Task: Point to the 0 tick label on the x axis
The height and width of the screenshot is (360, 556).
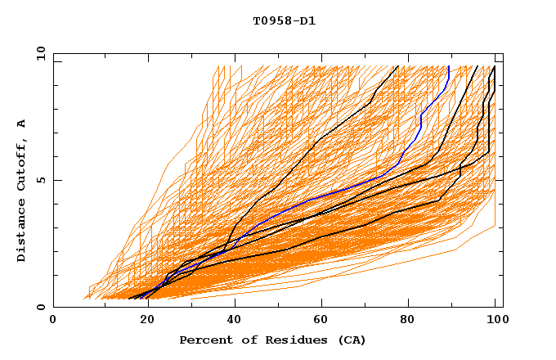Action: pyautogui.click(x=53, y=320)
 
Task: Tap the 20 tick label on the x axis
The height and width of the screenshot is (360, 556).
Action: pyautogui.click(x=143, y=320)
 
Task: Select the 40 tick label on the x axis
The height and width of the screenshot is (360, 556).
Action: pyautogui.click(x=233, y=320)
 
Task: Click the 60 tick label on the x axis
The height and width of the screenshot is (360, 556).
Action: pyautogui.click(x=323, y=320)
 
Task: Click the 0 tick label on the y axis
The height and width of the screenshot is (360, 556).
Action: pyautogui.click(x=40, y=308)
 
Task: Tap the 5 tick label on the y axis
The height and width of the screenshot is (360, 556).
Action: pyautogui.click(x=40, y=180)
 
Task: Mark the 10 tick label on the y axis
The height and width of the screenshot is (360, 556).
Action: pyautogui.click(x=37, y=52)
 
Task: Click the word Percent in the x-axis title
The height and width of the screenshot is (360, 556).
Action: pyautogui.click(x=204, y=340)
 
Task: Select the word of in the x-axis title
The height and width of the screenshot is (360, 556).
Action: pyautogui.click(x=244, y=340)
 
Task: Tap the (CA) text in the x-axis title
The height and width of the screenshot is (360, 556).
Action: pyautogui.click(x=350, y=340)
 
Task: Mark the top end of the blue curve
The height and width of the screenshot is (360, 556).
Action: pyautogui.click(x=449, y=66)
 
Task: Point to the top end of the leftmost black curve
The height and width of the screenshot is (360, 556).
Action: pyautogui.click(x=397, y=66)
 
